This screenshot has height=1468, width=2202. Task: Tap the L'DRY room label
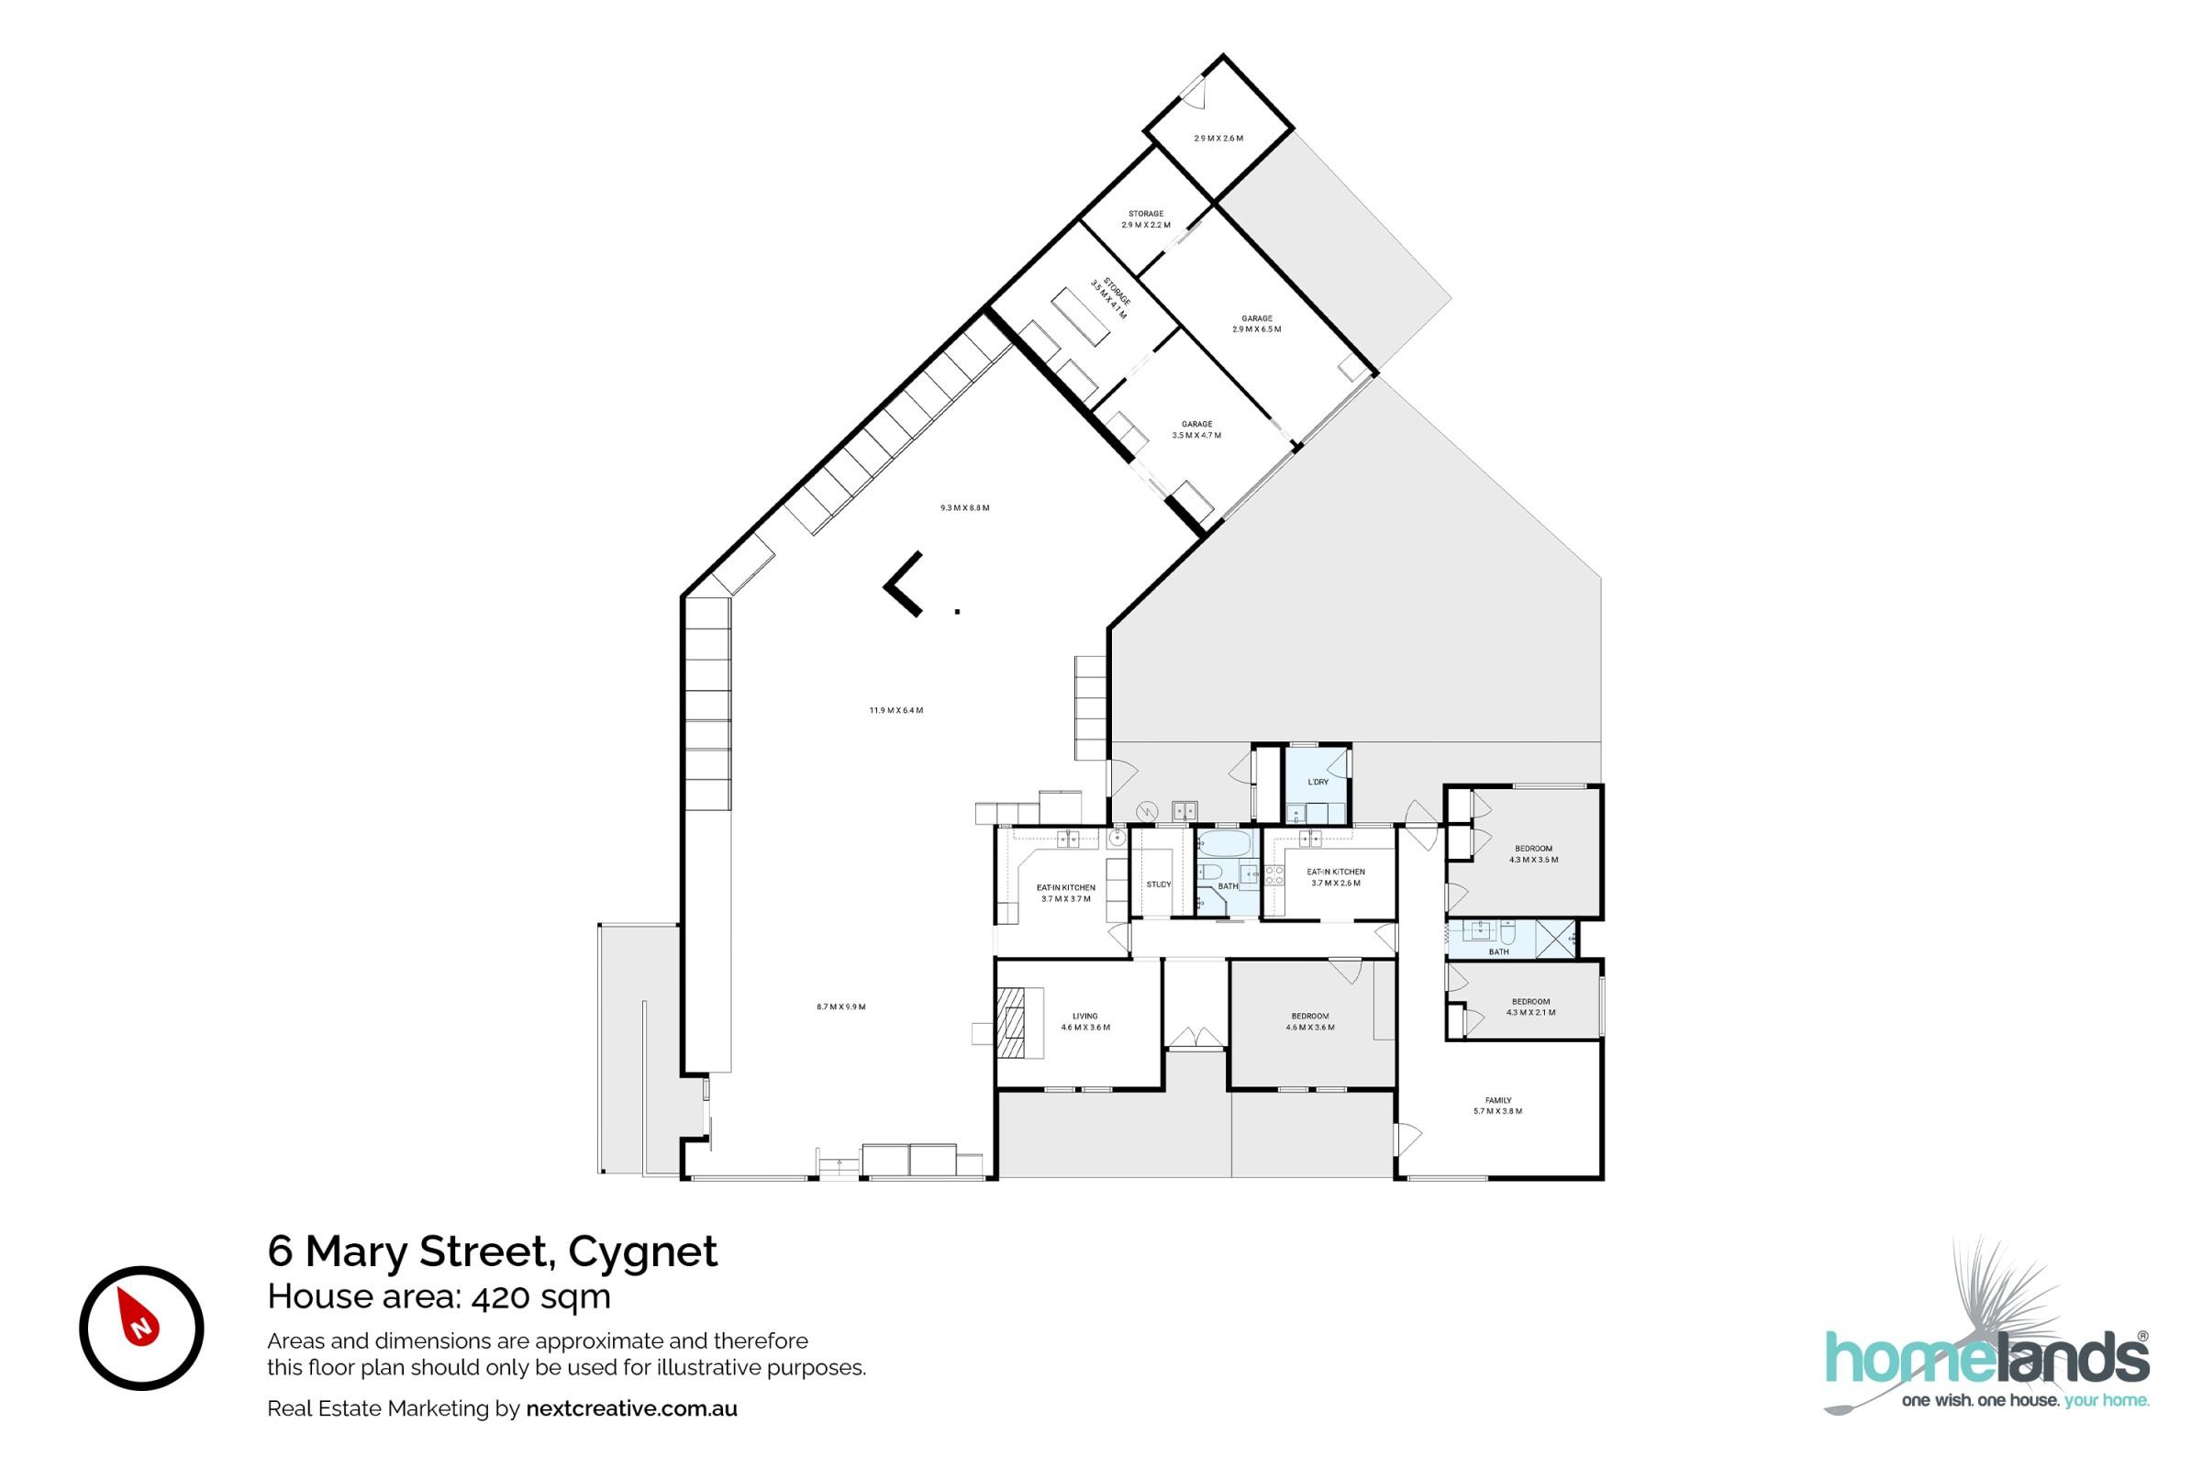click(1318, 782)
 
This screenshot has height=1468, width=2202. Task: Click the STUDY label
click(1158, 884)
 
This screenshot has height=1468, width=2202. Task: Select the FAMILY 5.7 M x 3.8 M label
click(1498, 1106)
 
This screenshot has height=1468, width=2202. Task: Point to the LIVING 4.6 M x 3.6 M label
click(1085, 1021)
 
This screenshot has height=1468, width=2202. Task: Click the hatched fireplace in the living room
click(1012, 1023)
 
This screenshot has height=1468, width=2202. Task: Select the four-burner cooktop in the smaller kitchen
click(1273, 876)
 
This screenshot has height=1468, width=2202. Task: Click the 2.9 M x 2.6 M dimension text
click(1218, 139)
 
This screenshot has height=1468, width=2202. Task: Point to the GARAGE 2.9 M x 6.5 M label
click(1256, 324)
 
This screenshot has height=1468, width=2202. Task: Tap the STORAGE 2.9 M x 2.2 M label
click(1146, 219)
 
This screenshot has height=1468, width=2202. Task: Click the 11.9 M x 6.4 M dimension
click(896, 710)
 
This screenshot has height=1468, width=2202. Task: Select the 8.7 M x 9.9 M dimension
click(840, 1007)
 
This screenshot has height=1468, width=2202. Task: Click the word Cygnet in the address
click(643, 1251)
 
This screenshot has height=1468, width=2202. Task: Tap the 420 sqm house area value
click(540, 1297)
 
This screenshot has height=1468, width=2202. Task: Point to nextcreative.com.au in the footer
click(632, 1409)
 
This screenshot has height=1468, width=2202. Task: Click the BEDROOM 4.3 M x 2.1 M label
click(1530, 1006)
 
